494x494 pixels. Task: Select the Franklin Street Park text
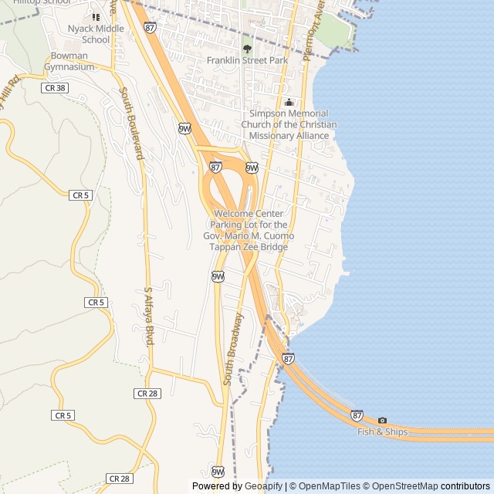247,59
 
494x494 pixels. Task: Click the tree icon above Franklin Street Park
247,49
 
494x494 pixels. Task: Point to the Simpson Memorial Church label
285,124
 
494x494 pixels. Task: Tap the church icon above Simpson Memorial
289,103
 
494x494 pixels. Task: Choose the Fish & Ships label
382,431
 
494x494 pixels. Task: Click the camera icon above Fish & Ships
382,421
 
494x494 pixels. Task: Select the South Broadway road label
234,349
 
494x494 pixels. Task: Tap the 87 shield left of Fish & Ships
357,414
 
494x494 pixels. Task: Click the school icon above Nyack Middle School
96,16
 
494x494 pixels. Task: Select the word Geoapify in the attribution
264,486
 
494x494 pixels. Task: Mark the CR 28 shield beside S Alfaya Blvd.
147,393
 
